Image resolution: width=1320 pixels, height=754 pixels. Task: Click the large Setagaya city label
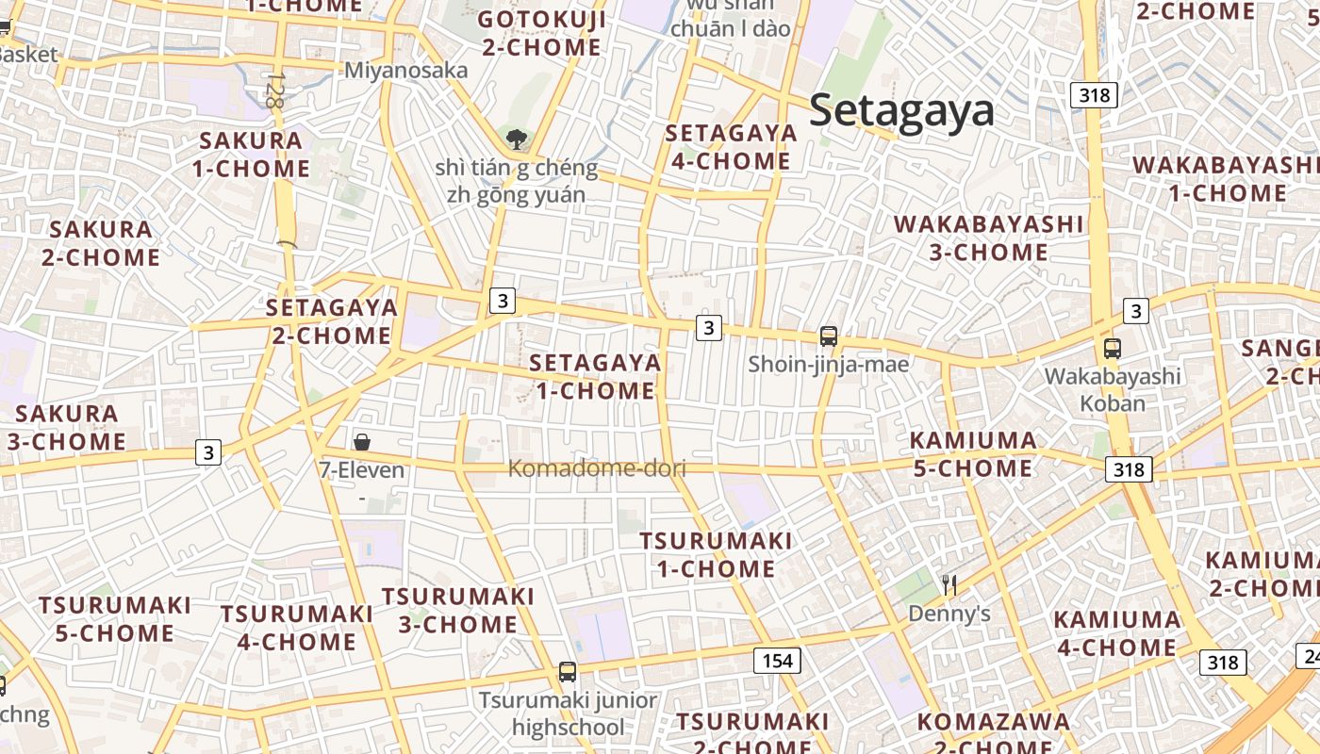(x=901, y=110)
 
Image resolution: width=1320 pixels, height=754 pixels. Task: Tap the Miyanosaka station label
(x=405, y=71)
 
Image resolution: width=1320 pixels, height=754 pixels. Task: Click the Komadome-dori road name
(x=597, y=467)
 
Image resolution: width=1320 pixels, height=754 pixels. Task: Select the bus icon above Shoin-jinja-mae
(x=829, y=336)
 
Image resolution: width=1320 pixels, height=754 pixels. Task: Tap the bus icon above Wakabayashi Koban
(x=1113, y=349)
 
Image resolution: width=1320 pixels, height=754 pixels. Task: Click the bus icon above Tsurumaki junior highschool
(x=568, y=672)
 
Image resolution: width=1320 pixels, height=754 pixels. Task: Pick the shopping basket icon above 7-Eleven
(x=362, y=442)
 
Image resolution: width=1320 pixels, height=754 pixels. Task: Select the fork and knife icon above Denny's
(x=949, y=585)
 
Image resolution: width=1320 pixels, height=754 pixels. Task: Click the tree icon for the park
(x=516, y=140)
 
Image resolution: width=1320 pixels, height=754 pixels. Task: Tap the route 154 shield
(x=777, y=661)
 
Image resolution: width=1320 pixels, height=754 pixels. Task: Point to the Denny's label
(x=949, y=615)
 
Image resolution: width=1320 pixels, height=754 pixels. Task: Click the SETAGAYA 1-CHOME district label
(x=595, y=376)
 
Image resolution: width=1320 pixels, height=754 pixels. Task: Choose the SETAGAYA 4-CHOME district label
(x=731, y=146)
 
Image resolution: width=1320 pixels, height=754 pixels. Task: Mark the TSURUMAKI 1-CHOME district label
(x=716, y=554)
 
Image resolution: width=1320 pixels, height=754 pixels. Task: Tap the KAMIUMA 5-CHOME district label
(x=974, y=453)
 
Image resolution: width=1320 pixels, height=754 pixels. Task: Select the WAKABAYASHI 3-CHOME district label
(x=989, y=238)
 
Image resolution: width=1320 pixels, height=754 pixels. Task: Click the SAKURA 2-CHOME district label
(x=101, y=242)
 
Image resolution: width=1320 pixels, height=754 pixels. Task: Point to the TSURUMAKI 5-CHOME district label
(x=114, y=618)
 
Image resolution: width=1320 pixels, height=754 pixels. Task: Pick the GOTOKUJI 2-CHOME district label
(x=540, y=33)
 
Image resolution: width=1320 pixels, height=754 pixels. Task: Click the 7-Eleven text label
(x=362, y=469)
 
